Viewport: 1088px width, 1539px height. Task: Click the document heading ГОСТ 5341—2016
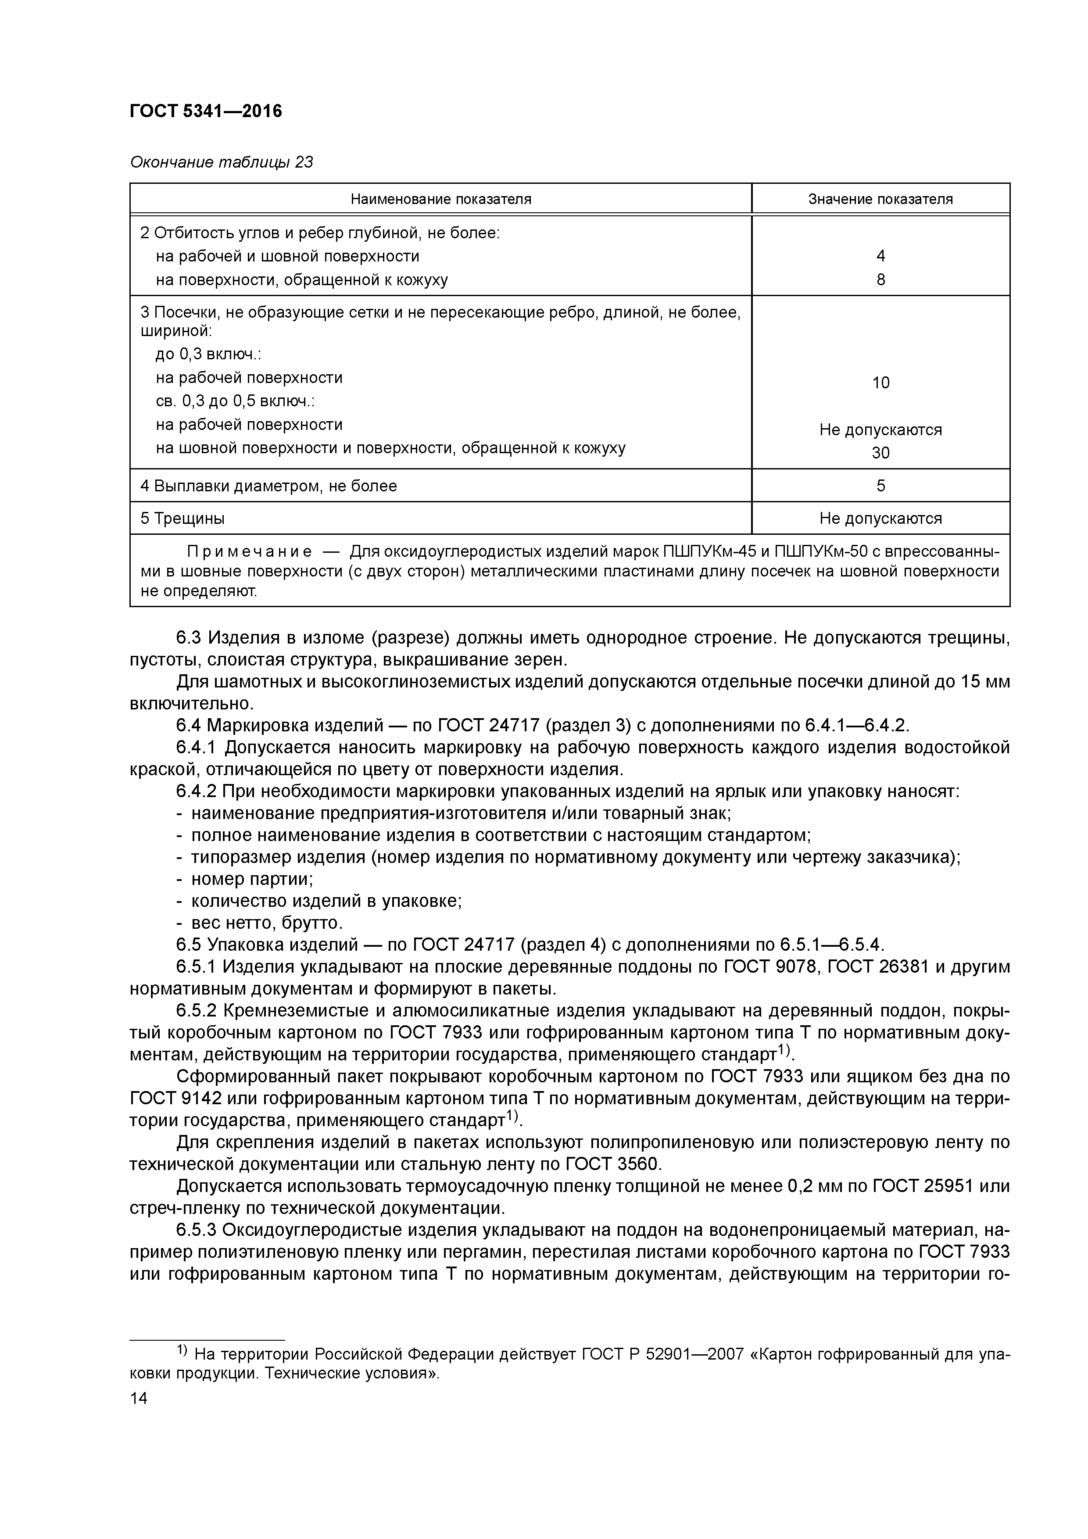coord(206,111)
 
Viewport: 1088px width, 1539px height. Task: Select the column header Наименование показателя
coord(440,199)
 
